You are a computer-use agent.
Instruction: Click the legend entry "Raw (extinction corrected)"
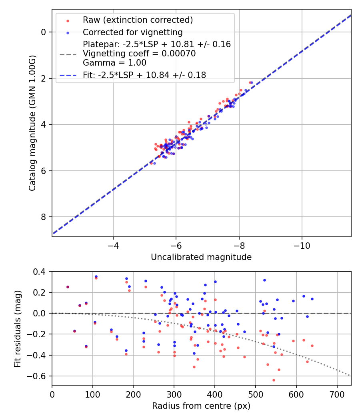pyautogui.click(x=138, y=20)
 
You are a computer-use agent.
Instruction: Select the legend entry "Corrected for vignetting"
pyautogui.click(x=132, y=32)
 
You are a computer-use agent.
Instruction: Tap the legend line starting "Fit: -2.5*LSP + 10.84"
pyautogui.click(x=144, y=75)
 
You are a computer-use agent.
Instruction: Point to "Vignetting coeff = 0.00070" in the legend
pyautogui.click(x=139, y=54)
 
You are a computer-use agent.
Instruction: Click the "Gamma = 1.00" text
pyautogui.click(x=114, y=63)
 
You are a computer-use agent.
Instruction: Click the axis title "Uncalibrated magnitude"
pyautogui.click(x=201, y=257)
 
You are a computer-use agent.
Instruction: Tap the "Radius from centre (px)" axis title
pyautogui.click(x=201, y=406)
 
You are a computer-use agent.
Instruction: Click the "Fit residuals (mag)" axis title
pyautogui.click(x=18, y=329)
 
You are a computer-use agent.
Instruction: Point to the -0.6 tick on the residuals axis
pyautogui.click(x=39, y=376)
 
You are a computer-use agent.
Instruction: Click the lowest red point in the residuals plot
pyautogui.click(x=274, y=380)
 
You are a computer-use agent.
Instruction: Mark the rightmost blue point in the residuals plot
pyautogui.click(x=312, y=299)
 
